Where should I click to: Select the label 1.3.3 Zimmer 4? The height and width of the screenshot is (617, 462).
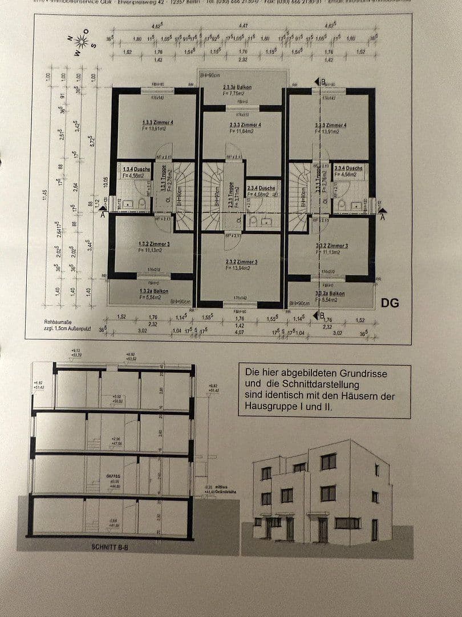click(154, 122)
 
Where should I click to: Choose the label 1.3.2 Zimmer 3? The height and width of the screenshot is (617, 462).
click(149, 244)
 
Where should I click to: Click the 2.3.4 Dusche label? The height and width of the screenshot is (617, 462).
click(261, 187)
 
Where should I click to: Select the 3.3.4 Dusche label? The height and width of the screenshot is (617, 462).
click(348, 169)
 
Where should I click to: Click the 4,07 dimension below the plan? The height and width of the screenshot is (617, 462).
click(240, 331)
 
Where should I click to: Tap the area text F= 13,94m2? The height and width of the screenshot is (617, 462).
click(240, 267)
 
